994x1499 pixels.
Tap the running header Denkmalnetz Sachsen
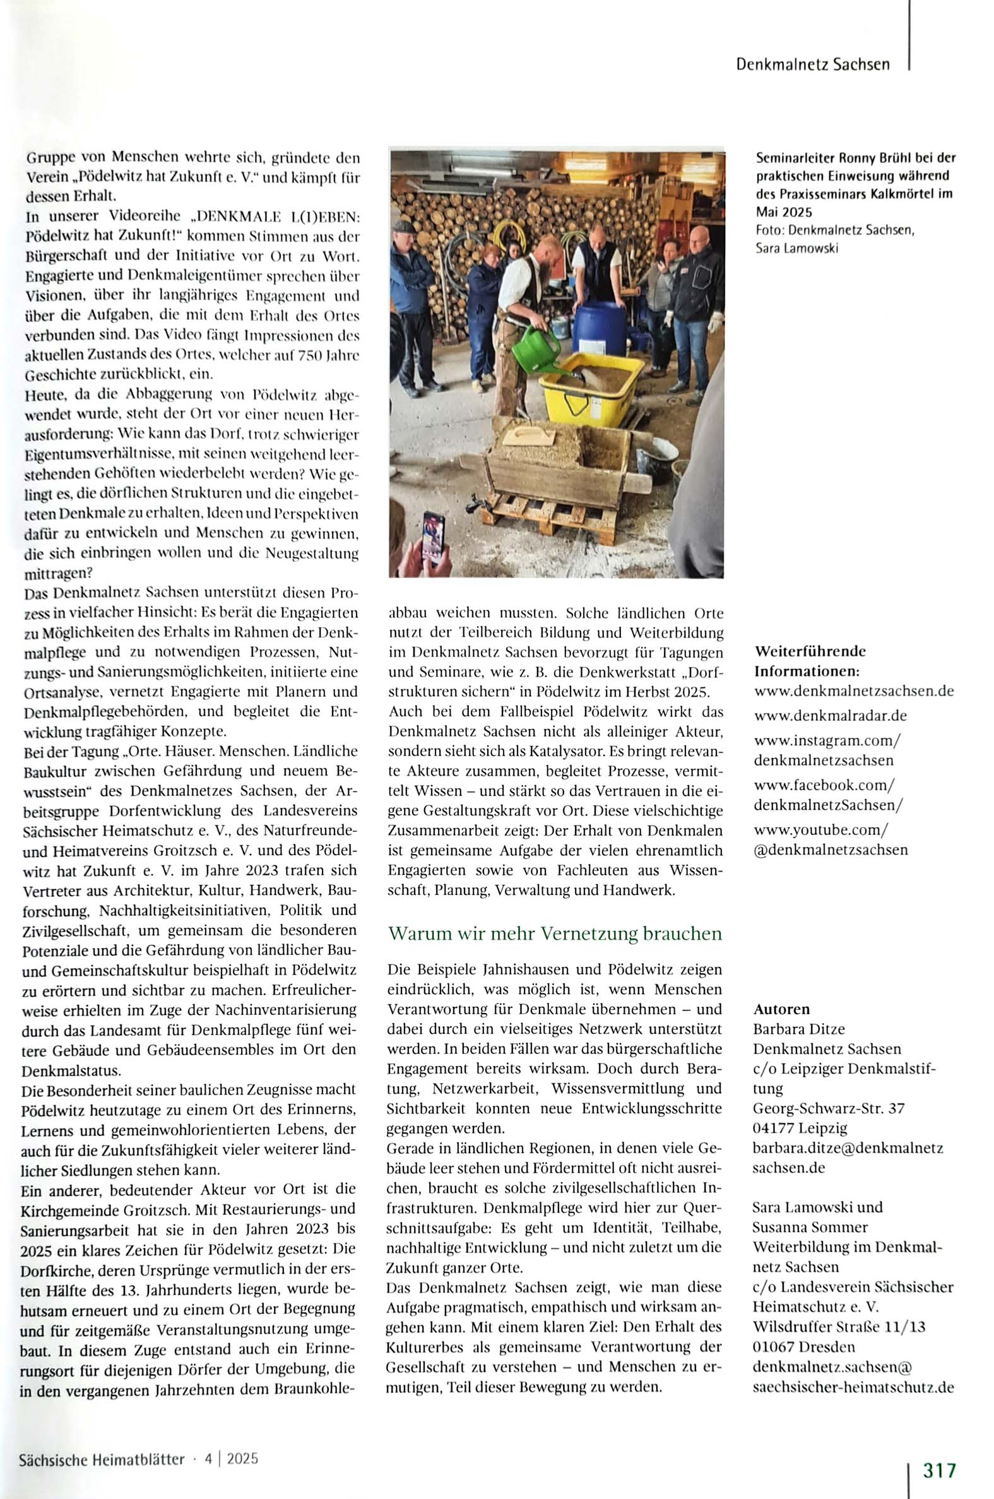(813, 64)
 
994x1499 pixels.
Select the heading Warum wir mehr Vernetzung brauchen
(555, 933)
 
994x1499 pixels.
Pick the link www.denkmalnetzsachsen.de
(854, 690)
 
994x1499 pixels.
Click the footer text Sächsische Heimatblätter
(102, 1459)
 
